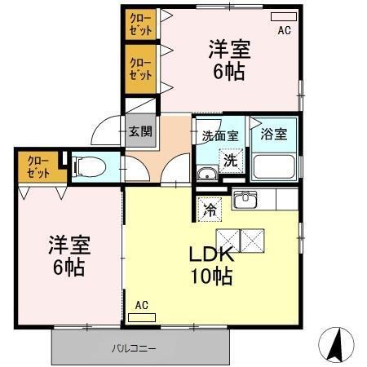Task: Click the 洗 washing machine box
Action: pos(231,161)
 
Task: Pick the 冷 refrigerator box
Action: pos(209,210)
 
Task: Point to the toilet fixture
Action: pos(89,167)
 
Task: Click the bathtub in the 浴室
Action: pos(274,166)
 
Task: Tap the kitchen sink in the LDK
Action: pos(245,200)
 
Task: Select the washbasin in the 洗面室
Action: pos(206,173)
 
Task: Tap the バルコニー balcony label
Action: pos(134,348)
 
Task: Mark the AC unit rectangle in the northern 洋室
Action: pos(284,16)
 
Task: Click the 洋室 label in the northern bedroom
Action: pos(228,48)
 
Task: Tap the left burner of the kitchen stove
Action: pos(228,238)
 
